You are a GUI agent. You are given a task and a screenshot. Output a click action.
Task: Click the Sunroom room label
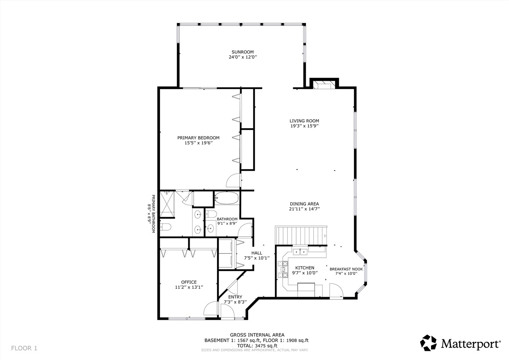coord(243,52)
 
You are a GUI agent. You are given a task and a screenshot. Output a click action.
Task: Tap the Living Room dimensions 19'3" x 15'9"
coord(304,126)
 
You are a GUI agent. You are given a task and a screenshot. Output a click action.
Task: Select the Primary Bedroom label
coord(198,138)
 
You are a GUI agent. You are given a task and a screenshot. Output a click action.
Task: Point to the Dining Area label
coord(304,204)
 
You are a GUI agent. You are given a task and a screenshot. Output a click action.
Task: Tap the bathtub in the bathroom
coord(227,198)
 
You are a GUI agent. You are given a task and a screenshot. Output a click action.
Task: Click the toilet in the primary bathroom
coord(165,227)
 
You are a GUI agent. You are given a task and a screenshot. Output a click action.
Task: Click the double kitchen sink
coord(300,251)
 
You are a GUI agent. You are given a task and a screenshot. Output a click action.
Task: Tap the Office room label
coord(189,282)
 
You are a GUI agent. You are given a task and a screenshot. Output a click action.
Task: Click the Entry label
coord(235,297)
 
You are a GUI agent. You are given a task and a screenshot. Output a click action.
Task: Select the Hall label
coord(256,253)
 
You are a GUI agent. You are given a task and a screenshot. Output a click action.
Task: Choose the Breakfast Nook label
coord(346,269)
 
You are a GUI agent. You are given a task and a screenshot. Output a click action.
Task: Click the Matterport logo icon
coord(428,343)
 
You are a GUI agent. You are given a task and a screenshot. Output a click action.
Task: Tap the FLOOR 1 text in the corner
coord(24,348)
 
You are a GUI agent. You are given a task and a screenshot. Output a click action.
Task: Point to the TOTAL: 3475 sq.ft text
coord(256,346)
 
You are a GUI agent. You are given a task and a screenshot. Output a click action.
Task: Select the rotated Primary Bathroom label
coord(151,214)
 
